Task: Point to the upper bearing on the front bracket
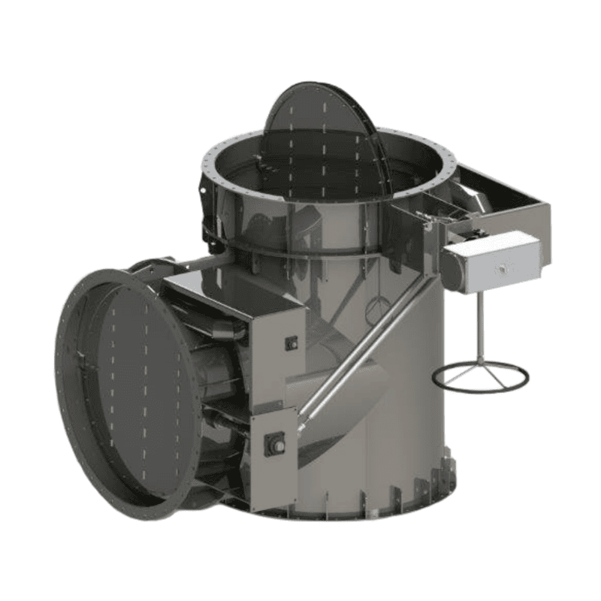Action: click(x=291, y=343)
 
